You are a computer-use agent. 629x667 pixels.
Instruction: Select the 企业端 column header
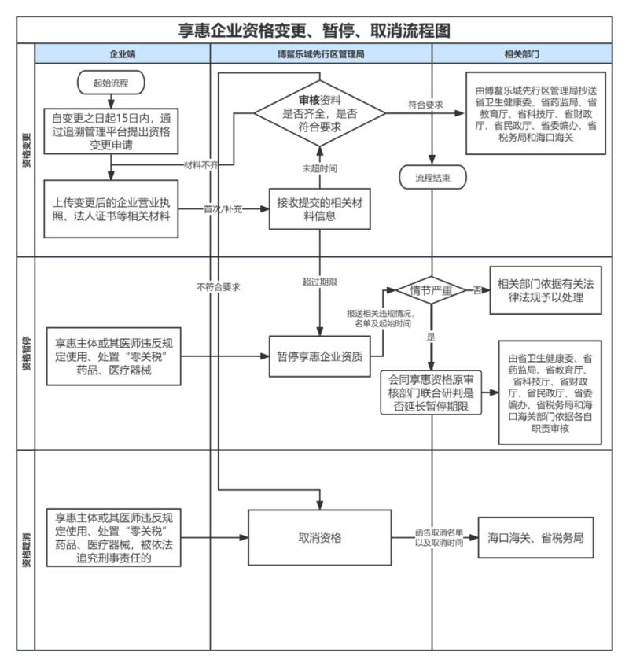[x=123, y=55]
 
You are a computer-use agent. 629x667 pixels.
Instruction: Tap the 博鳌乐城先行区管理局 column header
[x=321, y=55]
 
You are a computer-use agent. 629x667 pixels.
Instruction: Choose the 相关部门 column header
[x=521, y=55]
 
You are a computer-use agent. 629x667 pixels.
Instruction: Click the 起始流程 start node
[x=110, y=82]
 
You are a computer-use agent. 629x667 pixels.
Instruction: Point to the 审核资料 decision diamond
[x=319, y=112]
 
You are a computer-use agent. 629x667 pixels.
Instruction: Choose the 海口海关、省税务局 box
[x=535, y=539]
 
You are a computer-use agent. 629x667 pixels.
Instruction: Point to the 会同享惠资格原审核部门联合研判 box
[x=430, y=392]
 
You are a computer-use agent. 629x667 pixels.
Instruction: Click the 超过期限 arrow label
[x=319, y=280]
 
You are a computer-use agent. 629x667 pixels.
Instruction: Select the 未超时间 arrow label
[x=319, y=168]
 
